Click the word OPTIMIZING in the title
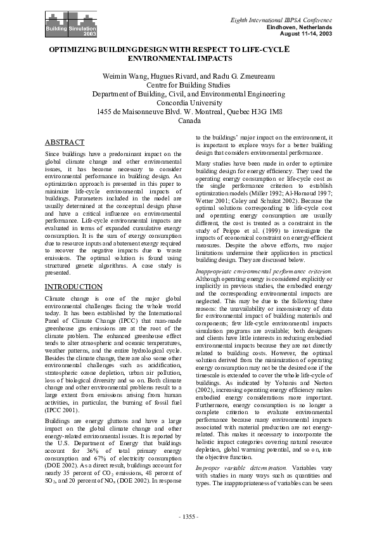[x=74, y=48]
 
